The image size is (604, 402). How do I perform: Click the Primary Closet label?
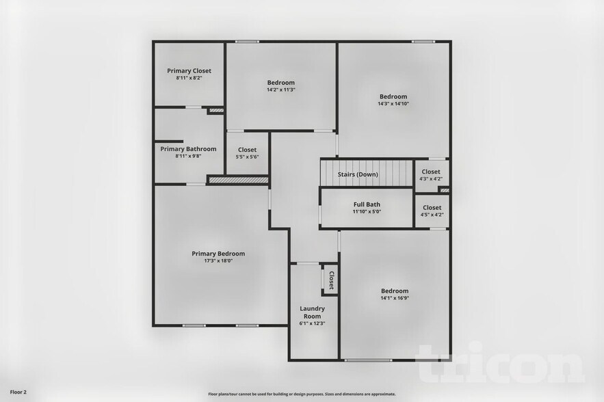189,70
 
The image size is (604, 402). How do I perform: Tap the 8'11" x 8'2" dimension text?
189,78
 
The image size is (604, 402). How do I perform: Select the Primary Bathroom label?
188,149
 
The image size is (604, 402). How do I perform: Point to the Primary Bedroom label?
218,254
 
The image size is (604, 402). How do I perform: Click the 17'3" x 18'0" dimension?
218,260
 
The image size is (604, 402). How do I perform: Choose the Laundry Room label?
312,312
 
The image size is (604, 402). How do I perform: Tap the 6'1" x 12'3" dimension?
312,323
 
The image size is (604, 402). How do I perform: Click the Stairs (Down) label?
358,174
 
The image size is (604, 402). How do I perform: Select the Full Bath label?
367,204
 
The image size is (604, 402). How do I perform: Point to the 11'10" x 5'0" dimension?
367,212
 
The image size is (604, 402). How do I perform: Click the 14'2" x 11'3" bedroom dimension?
280,90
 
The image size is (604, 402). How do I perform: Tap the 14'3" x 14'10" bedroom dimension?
393,104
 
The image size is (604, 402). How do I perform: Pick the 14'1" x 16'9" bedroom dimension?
395,298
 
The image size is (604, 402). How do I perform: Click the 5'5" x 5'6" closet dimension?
247,157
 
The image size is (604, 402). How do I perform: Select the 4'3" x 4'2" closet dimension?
432,179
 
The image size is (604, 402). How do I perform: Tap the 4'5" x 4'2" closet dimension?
432,215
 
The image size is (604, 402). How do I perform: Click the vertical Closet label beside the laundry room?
331,280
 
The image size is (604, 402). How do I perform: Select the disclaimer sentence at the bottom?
302,394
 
